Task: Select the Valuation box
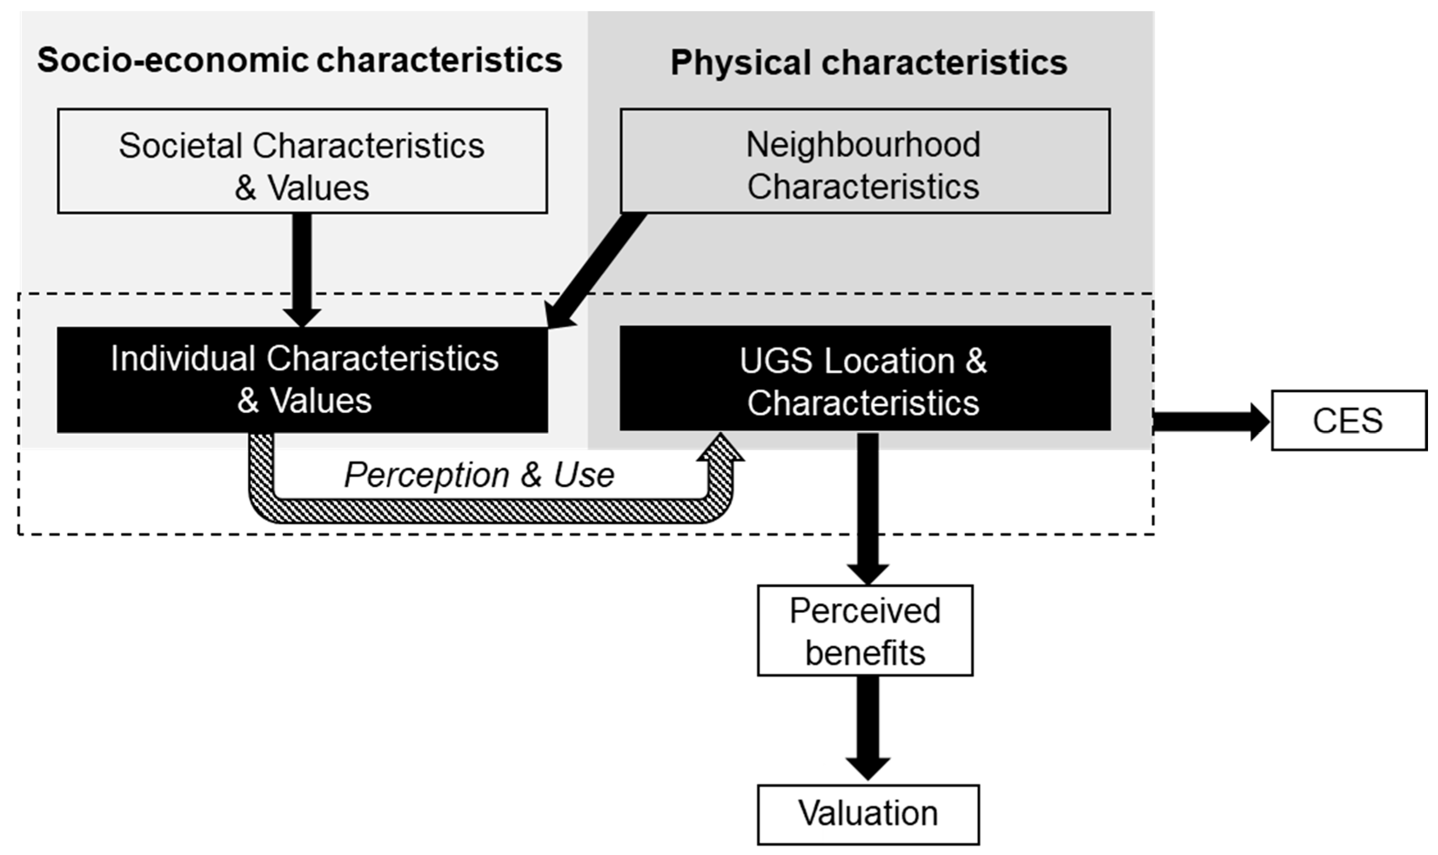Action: [868, 814]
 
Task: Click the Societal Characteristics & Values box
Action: [302, 161]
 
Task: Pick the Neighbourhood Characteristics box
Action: [865, 161]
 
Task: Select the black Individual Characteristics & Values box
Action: [302, 379]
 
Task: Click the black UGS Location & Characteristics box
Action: [865, 379]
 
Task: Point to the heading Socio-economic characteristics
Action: [300, 60]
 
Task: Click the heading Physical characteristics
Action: [869, 62]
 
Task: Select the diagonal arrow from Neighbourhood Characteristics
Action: [596, 269]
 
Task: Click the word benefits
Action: [865, 653]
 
